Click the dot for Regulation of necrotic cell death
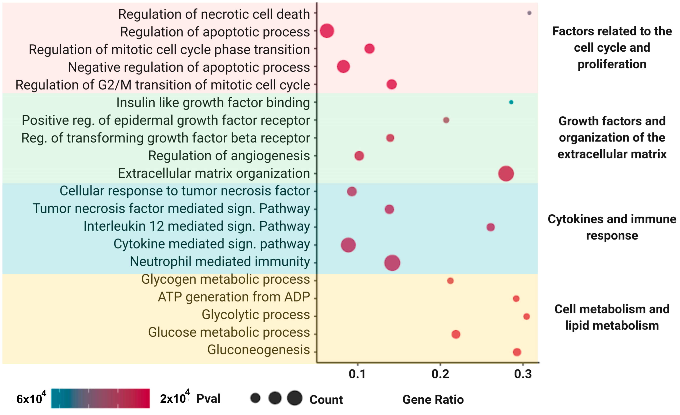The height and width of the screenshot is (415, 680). click(x=529, y=13)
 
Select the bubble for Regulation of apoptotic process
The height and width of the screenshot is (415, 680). click(x=327, y=31)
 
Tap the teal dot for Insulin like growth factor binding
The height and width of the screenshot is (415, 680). click(x=511, y=102)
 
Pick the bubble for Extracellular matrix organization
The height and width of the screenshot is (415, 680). click(x=506, y=174)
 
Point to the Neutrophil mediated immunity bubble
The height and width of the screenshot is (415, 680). click(x=392, y=263)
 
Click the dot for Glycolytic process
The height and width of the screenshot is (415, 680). click(x=527, y=316)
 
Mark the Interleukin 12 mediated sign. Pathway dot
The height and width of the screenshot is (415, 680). click(x=490, y=227)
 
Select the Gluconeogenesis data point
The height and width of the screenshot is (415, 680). click(x=517, y=352)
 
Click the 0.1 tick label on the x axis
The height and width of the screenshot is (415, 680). click(x=357, y=374)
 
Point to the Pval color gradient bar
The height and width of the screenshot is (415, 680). click(x=100, y=398)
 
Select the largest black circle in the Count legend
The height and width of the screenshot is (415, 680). click(x=295, y=398)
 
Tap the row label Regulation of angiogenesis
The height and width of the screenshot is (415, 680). click(x=229, y=155)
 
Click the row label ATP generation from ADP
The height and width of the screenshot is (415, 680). click(x=234, y=297)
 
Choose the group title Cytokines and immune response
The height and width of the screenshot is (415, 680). click(x=612, y=227)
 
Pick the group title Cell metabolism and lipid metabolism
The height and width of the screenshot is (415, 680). click(x=612, y=317)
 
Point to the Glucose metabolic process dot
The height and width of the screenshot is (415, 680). click(x=456, y=334)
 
